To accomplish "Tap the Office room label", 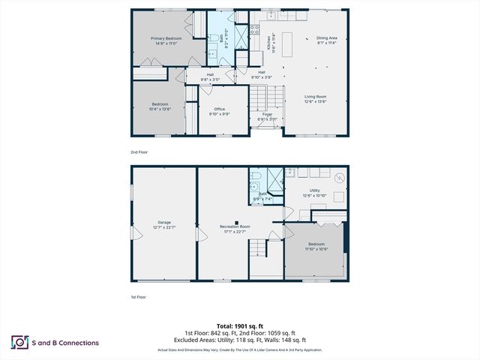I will click(x=220, y=109).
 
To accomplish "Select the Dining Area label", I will click(x=326, y=37).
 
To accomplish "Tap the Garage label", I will click(x=164, y=222).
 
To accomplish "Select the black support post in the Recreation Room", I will click(x=235, y=222).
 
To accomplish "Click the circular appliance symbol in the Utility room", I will click(x=340, y=178).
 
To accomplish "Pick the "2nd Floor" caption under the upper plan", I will click(x=139, y=151).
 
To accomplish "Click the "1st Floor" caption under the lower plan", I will click(x=139, y=297).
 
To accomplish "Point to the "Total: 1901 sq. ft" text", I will click(x=240, y=326).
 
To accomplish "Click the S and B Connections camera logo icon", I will click(x=19, y=343).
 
